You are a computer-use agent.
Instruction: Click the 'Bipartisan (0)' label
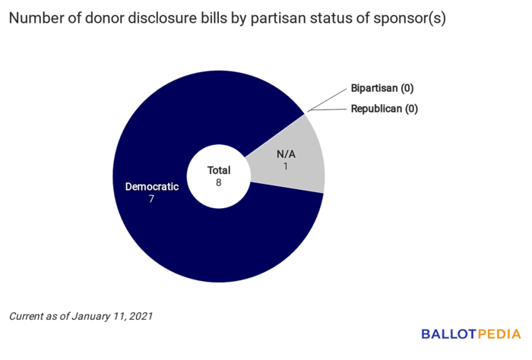click(383, 88)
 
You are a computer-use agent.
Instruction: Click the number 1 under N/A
click(286, 166)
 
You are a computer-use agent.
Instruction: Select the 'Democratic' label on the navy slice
click(152, 186)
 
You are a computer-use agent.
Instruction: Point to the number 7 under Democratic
click(152, 199)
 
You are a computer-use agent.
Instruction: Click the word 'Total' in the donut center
click(219, 171)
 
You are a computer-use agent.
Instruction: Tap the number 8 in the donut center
click(219, 183)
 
